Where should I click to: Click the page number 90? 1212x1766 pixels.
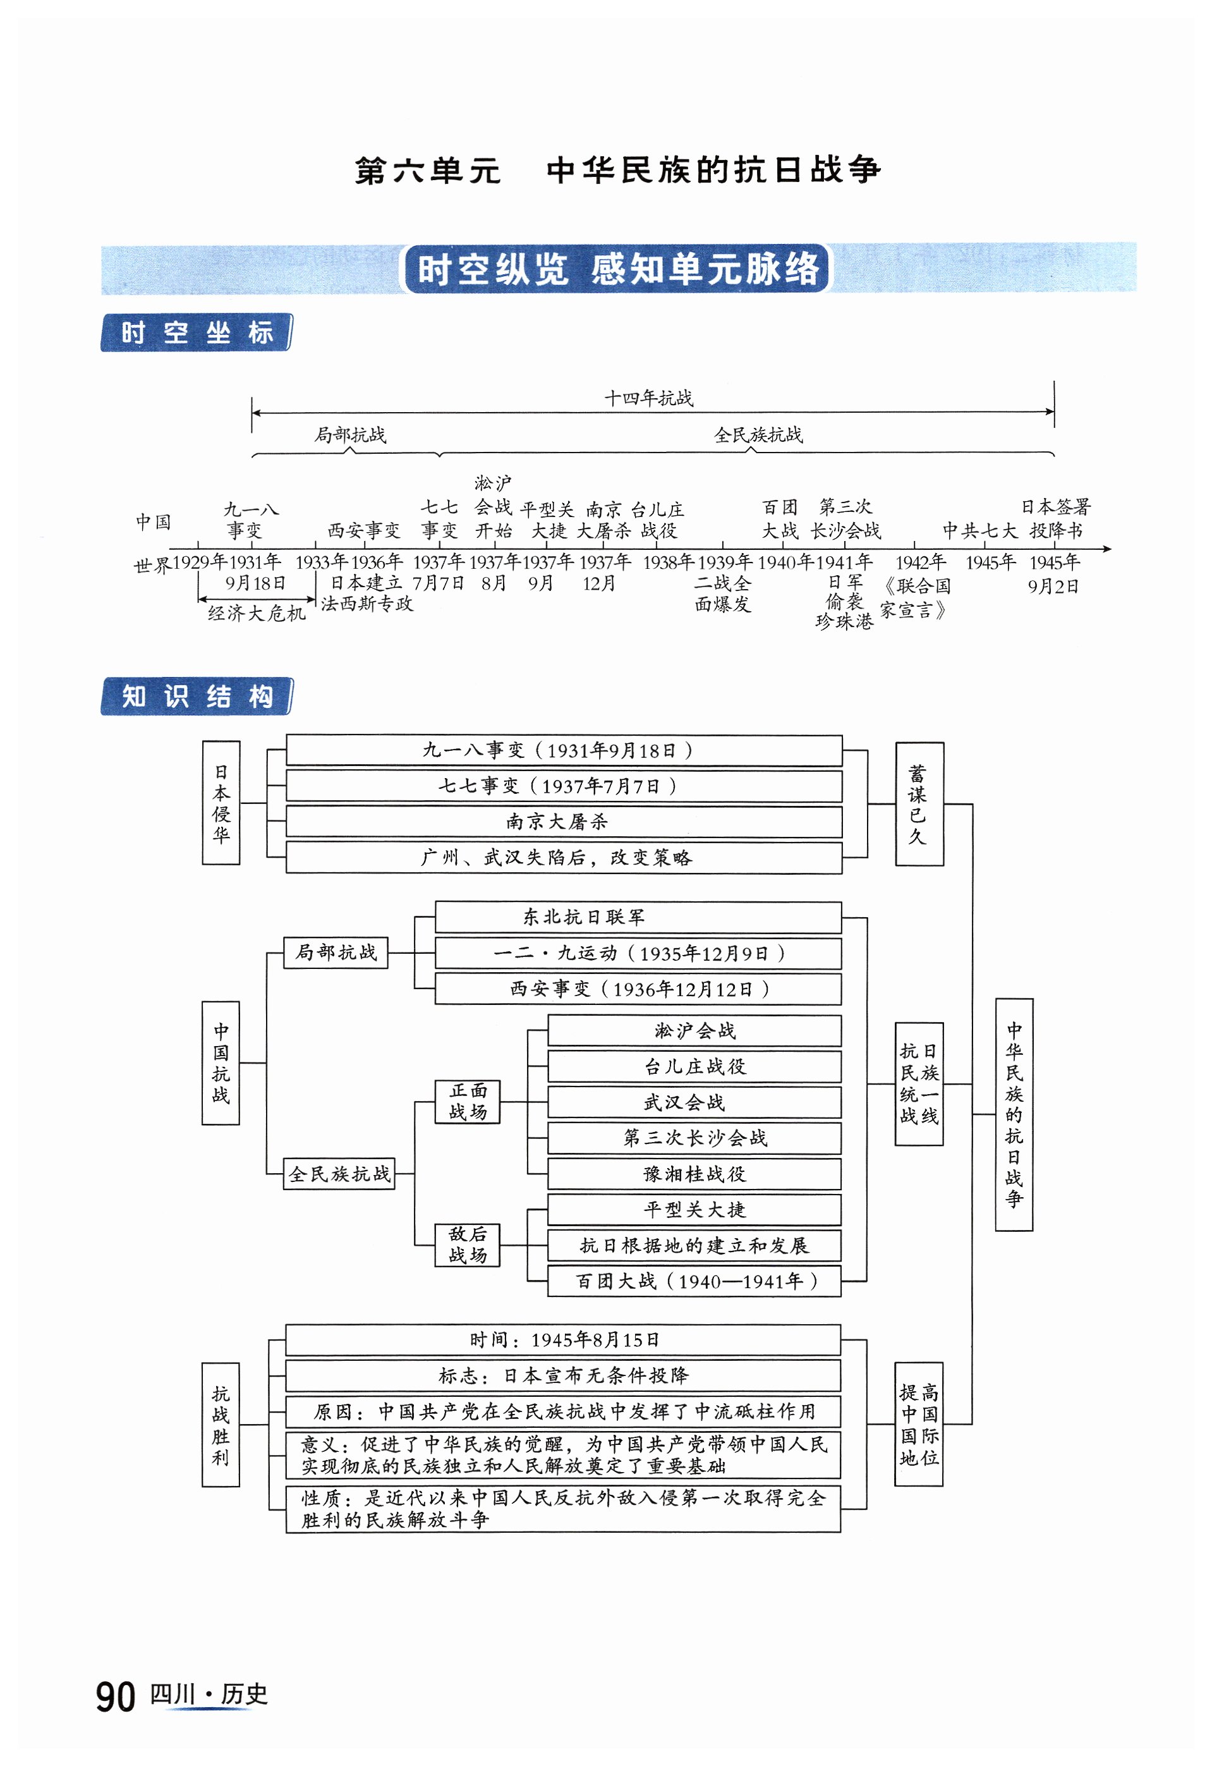coord(116,1697)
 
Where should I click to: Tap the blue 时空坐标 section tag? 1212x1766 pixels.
coord(196,333)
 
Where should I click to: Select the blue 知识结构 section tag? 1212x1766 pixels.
coord(196,696)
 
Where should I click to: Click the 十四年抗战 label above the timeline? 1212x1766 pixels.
coord(648,398)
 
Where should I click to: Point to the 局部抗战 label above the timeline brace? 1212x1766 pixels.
coord(350,435)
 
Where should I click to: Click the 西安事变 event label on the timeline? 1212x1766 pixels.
coord(363,530)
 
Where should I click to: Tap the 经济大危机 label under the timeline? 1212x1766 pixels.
coord(257,612)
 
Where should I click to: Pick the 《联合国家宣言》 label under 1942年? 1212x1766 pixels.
coord(916,598)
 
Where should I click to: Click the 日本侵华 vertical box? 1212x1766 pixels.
coord(221,803)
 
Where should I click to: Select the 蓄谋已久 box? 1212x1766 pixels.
coord(919,804)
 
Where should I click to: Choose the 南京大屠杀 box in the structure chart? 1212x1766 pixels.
coord(563,822)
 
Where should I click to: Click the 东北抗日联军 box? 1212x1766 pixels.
coord(638,917)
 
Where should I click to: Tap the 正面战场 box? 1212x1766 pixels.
coord(468,1101)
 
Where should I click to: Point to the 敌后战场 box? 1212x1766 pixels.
coord(468,1245)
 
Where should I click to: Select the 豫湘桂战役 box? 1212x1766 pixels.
coord(694,1174)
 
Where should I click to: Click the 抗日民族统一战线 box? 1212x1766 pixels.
coord(919,1083)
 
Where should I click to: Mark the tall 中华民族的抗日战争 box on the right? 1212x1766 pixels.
coord(1014,1114)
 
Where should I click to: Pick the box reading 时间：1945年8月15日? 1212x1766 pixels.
coord(563,1340)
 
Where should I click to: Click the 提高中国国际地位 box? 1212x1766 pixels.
coord(919,1424)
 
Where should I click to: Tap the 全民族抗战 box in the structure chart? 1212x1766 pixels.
coord(339,1174)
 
